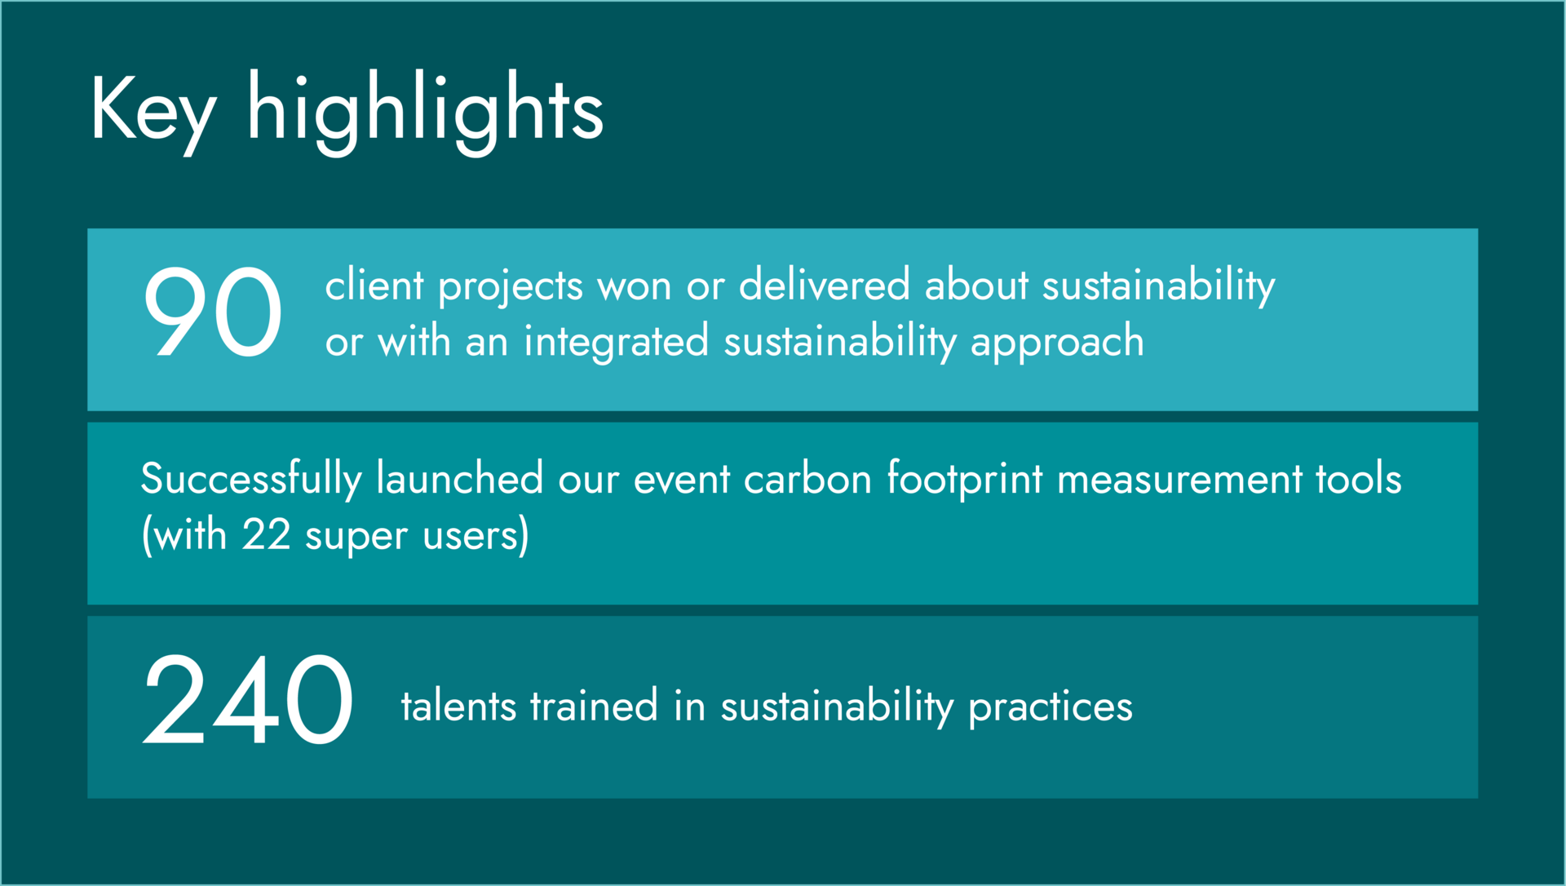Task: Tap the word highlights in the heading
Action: (425, 113)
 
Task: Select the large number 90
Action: (213, 312)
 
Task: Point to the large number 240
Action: (248, 699)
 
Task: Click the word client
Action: (374, 286)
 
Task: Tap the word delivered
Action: (824, 286)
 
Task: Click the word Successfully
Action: (251, 480)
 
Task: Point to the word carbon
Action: (807, 479)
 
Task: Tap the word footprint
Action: (965, 480)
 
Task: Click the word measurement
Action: (1179, 480)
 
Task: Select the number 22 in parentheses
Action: (266, 536)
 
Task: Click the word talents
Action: (458, 706)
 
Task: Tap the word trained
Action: (594, 706)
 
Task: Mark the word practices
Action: (1051, 708)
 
